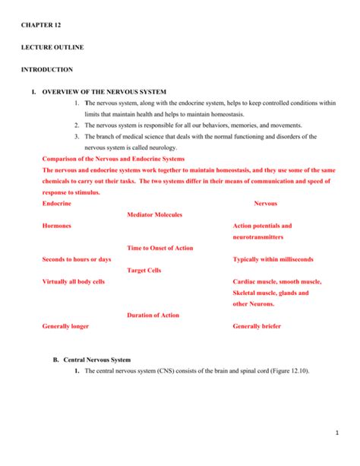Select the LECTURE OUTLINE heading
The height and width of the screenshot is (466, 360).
pos(53,47)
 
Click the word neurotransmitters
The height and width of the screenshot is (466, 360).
pos(260,237)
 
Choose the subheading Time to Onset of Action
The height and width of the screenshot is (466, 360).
pos(159,248)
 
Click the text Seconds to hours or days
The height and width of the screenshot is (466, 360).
pos(77,259)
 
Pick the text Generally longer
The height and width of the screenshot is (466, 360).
pos(65,326)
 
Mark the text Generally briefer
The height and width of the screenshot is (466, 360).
pos(257,326)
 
